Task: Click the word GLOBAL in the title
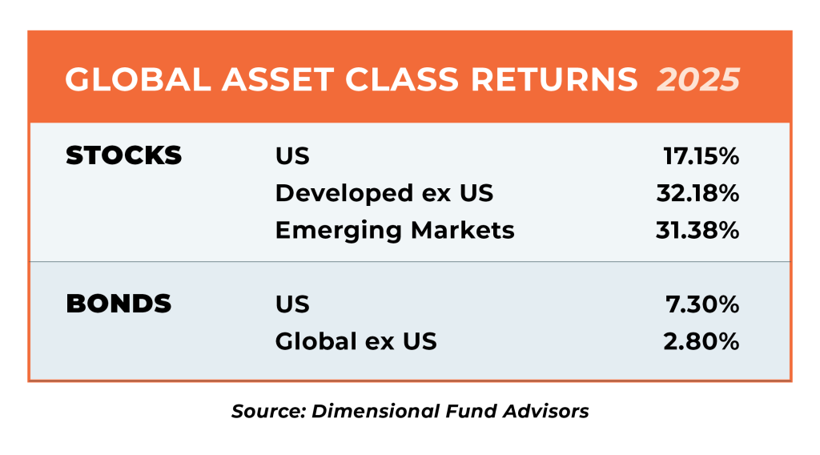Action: click(x=138, y=79)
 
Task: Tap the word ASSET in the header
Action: click(x=278, y=79)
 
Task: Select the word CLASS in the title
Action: click(x=402, y=79)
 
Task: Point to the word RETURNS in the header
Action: click(x=554, y=79)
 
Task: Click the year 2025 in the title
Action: click(x=698, y=79)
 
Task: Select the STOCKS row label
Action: click(x=124, y=155)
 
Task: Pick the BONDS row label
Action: click(x=119, y=304)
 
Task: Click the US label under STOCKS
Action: click(x=292, y=156)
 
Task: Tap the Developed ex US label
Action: click(x=384, y=193)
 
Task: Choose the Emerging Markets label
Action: click(x=396, y=230)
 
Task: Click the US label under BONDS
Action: click(x=292, y=304)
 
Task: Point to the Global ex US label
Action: click(x=356, y=341)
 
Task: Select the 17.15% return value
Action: click(x=701, y=156)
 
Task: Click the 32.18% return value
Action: click(x=698, y=193)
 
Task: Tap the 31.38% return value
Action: click(x=697, y=230)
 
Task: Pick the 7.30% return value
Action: click(x=702, y=304)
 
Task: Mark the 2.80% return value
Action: click(x=701, y=341)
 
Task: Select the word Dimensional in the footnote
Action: click(x=376, y=411)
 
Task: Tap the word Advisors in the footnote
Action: click(x=546, y=411)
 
